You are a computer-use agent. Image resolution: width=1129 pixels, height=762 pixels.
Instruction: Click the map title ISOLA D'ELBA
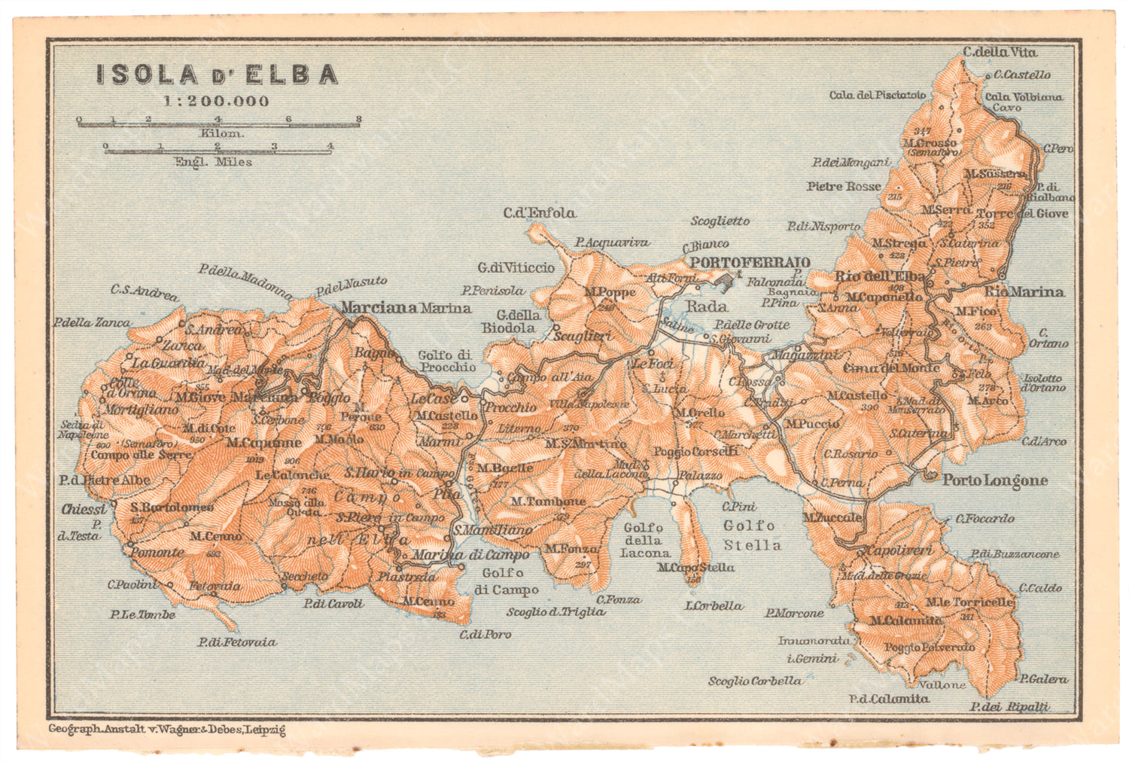[x=217, y=75]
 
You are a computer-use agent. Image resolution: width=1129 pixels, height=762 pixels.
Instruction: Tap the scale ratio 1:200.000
[x=217, y=101]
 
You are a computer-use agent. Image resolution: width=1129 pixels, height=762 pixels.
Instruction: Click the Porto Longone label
[x=995, y=480]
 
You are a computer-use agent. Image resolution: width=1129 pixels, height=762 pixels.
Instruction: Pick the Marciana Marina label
[x=406, y=307]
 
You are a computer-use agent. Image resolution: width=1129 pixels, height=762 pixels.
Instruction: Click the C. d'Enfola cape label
[x=540, y=213]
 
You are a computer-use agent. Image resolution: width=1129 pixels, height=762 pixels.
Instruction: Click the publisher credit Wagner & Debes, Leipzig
[x=166, y=729]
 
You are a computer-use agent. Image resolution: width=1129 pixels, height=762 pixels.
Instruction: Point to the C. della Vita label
[x=1000, y=53]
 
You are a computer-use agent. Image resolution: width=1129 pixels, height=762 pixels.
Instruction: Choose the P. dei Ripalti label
[x=1009, y=706]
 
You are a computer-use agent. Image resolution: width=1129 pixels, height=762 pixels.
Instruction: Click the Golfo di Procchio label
[x=447, y=361]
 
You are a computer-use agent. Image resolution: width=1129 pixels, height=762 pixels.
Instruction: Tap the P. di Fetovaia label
[x=237, y=642]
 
